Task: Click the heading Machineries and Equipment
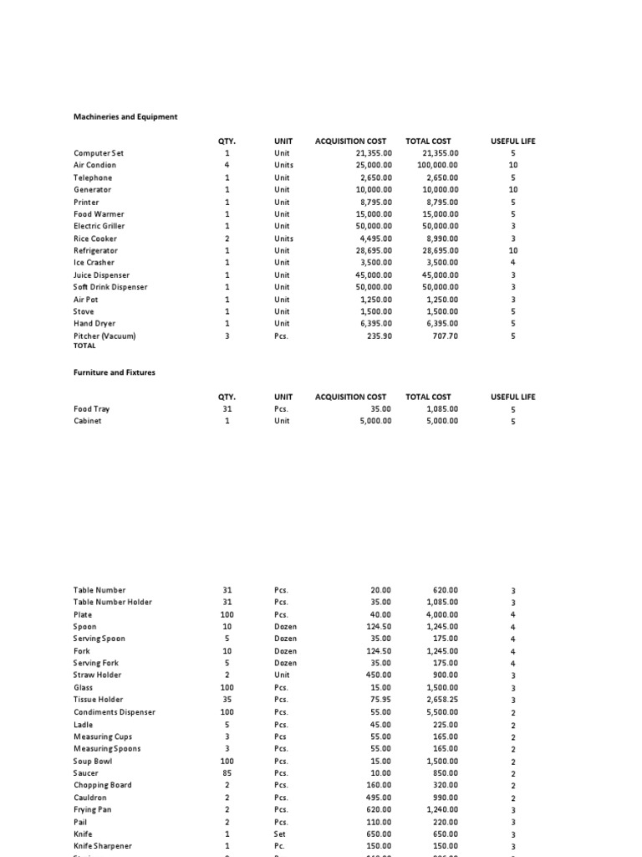point(125,117)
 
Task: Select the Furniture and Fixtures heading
point(115,372)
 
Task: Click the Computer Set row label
point(99,153)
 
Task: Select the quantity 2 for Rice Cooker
point(227,239)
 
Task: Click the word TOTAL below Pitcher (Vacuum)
point(84,345)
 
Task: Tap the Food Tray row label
point(92,409)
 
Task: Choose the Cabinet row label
point(88,421)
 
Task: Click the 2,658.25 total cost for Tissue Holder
point(441,700)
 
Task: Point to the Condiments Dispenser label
point(115,712)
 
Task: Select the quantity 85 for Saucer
point(227,773)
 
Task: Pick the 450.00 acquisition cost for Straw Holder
point(377,675)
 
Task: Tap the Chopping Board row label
point(102,785)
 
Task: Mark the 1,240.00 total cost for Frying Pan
point(441,809)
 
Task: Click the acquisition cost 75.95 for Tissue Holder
point(380,700)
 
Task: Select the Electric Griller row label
point(99,226)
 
